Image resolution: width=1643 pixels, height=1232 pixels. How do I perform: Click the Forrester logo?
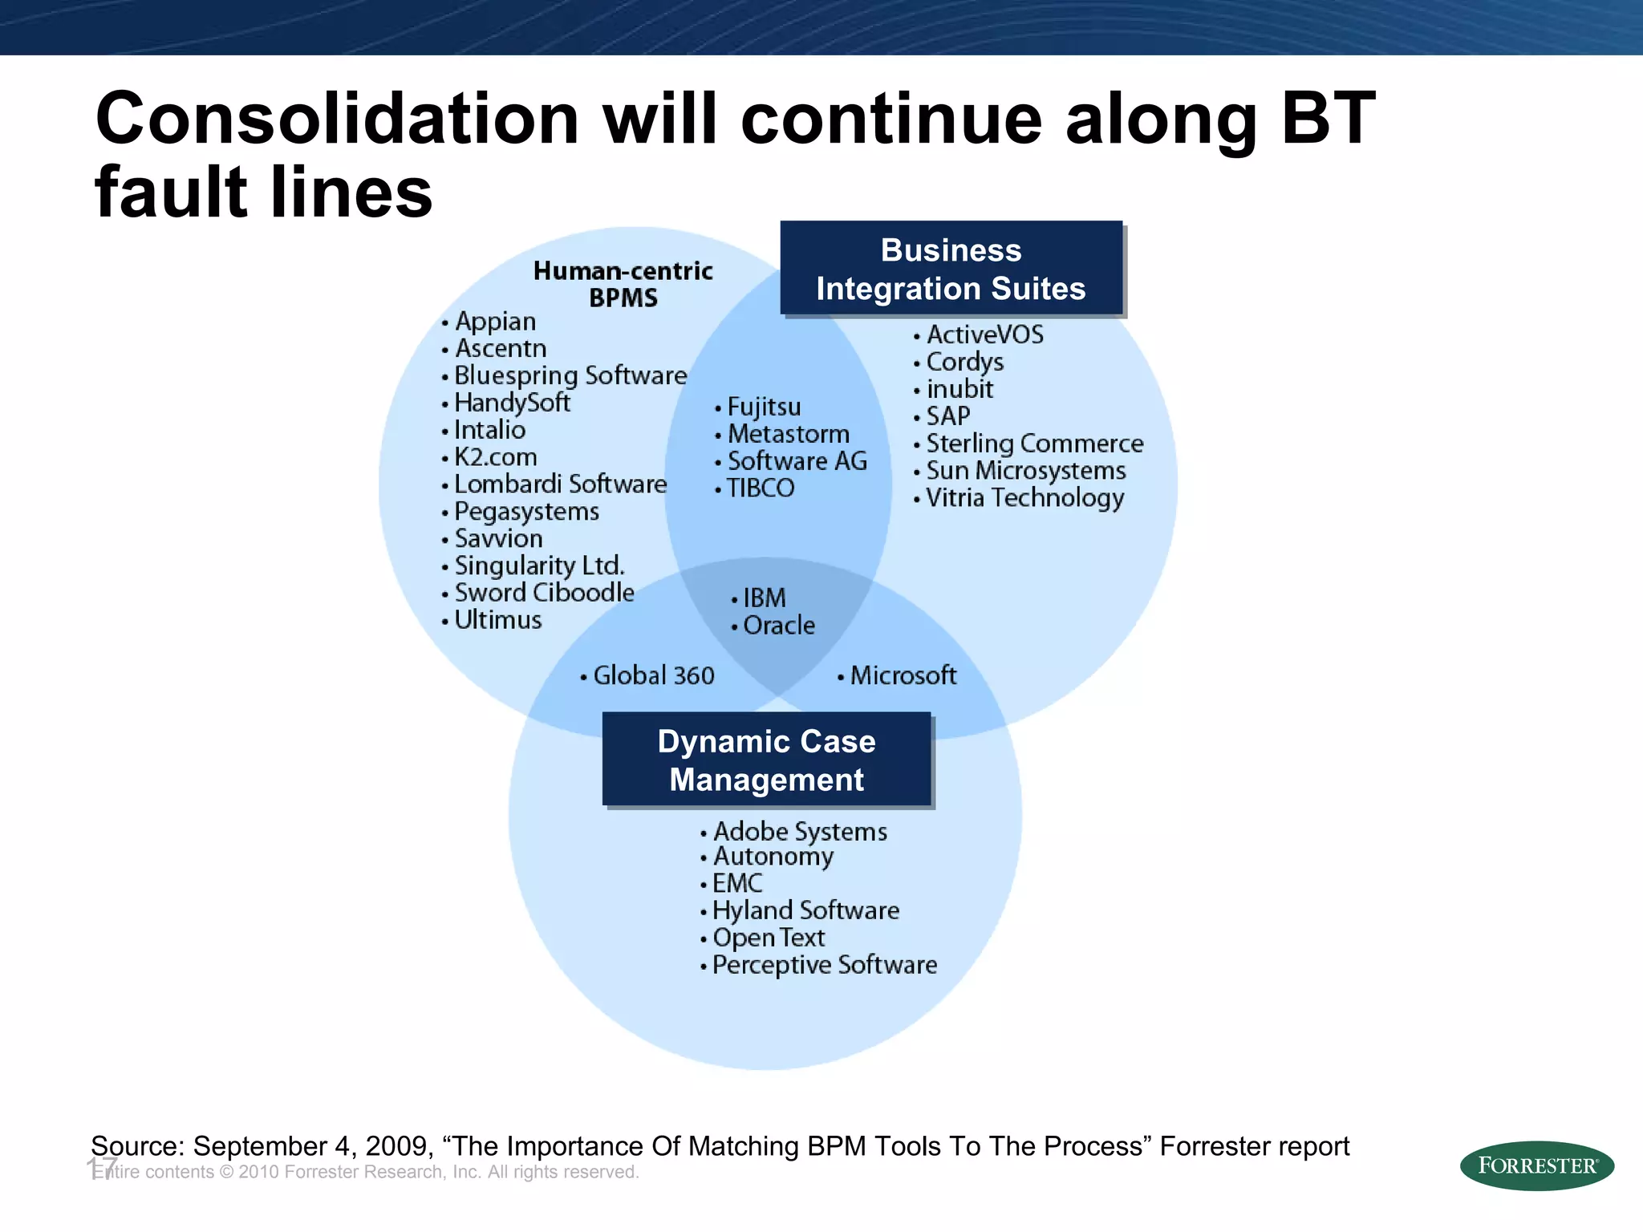pos(1536,1165)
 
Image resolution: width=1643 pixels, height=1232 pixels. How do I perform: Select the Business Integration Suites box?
pos(951,269)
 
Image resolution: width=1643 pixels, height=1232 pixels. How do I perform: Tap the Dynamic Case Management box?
pos(767,760)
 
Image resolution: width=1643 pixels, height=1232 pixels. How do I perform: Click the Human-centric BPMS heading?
pos(623,284)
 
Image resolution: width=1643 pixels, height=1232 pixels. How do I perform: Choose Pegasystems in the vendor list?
pos(526,511)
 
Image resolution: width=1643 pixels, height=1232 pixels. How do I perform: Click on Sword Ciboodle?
pos(544,593)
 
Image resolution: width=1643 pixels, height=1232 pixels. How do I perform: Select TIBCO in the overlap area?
pos(760,488)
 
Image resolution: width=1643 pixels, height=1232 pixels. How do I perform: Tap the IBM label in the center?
pos(764,598)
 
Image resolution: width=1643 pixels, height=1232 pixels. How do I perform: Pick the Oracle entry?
pos(778,625)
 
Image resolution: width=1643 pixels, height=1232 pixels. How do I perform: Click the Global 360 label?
pos(653,675)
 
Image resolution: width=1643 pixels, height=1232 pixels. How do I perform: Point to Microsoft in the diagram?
pos(903,675)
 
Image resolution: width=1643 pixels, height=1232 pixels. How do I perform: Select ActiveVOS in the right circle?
pos(984,334)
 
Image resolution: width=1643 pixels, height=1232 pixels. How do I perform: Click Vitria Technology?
pos(1024,498)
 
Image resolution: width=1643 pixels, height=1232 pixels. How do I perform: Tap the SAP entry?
pos(947,415)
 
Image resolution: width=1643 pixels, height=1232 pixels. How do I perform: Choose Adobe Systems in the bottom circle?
pos(800,831)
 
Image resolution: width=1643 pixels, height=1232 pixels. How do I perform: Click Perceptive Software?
pos(824,964)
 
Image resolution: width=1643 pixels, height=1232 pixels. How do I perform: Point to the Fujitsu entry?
pos(764,407)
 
